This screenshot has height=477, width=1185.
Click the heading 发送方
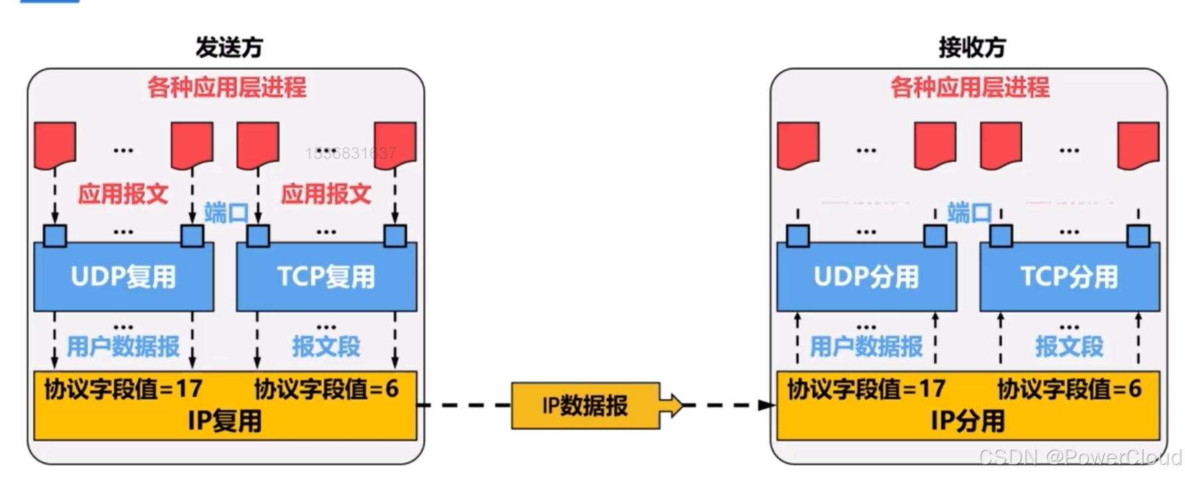click(x=229, y=47)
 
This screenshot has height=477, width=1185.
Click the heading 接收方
click(x=972, y=47)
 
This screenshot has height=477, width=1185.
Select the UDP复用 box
click(x=124, y=277)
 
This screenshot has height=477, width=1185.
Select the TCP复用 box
click(x=326, y=277)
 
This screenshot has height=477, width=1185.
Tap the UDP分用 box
click(x=867, y=277)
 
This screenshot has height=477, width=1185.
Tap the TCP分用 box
click(x=1069, y=277)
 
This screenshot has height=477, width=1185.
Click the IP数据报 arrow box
click(x=586, y=405)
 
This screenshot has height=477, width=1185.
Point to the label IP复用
click(x=225, y=421)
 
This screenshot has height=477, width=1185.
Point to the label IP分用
click(x=968, y=421)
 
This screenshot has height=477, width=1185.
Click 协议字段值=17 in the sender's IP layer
click(x=124, y=389)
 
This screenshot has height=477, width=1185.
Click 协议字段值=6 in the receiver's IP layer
click(x=1069, y=389)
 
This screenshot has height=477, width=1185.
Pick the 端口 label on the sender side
click(x=226, y=213)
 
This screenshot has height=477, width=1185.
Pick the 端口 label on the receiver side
click(x=969, y=213)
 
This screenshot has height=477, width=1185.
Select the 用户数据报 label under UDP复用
click(x=124, y=347)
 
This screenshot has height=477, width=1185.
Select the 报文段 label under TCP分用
click(x=1069, y=347)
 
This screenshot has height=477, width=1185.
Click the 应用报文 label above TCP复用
click(x=326, y=194)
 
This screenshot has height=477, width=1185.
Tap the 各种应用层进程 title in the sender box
click(x=227, y=87)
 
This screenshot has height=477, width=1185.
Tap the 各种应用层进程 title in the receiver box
click(x=970, y=87)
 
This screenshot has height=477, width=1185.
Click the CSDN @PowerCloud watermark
click(x=1080, y=457)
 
